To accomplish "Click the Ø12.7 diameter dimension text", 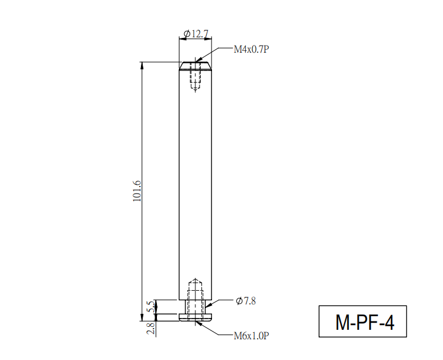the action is [196, 34].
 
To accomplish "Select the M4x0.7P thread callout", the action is [251, 49].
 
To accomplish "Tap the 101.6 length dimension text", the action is [137, 191].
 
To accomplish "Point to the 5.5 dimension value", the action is [151, 307].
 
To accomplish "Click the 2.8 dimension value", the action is [150, 329].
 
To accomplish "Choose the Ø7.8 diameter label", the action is [246, 301].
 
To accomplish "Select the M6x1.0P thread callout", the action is [251, 336].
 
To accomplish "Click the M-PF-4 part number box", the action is [362, 322].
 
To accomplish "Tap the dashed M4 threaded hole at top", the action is [195, 76].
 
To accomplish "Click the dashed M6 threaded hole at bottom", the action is [195, 299].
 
